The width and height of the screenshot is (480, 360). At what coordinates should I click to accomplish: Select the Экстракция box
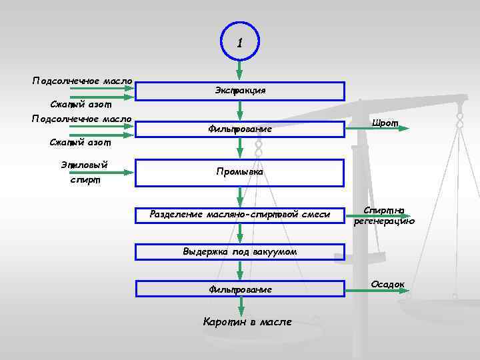tap(240, 91)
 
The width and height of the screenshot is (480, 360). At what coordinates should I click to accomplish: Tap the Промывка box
tap(240, 172)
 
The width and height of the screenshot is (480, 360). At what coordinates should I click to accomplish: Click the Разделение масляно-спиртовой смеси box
tap(240, 214)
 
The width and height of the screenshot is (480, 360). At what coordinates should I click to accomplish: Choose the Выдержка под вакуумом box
tap(240, 252)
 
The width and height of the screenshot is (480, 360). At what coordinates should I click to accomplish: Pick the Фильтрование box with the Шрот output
tap(240, 129)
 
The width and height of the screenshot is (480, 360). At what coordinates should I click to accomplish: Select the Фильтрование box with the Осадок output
tap(240, 289)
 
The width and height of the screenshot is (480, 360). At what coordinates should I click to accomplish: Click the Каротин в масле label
tap(247, 322)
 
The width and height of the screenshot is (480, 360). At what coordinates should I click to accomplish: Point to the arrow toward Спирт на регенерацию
tap(377, 215)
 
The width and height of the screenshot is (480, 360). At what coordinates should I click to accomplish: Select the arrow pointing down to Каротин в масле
tap(241, 307)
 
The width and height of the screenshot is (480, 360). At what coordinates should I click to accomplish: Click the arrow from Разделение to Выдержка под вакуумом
tap(241, 233)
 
